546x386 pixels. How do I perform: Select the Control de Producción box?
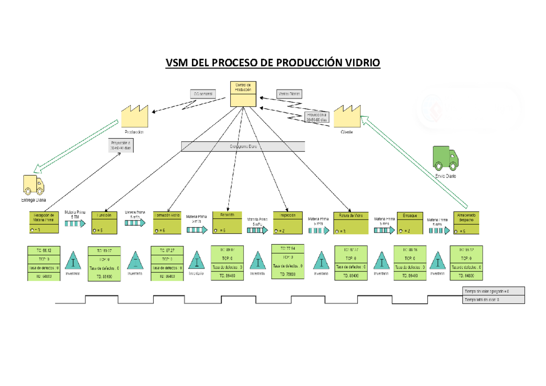tap(243, 94)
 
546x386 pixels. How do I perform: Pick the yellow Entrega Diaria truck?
tap(33, 185)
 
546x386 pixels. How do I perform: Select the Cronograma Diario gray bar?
tap(243, 146)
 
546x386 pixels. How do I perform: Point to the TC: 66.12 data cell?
tap(43, 250)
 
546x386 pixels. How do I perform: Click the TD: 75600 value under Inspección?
tap(287, 274)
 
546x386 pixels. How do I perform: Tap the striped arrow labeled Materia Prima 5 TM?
tap(75, 223)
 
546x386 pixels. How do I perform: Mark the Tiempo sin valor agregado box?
tap(493, 291)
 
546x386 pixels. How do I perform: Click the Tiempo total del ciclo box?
tap(493, 300)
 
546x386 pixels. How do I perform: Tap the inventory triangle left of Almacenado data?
tap(437, 262)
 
